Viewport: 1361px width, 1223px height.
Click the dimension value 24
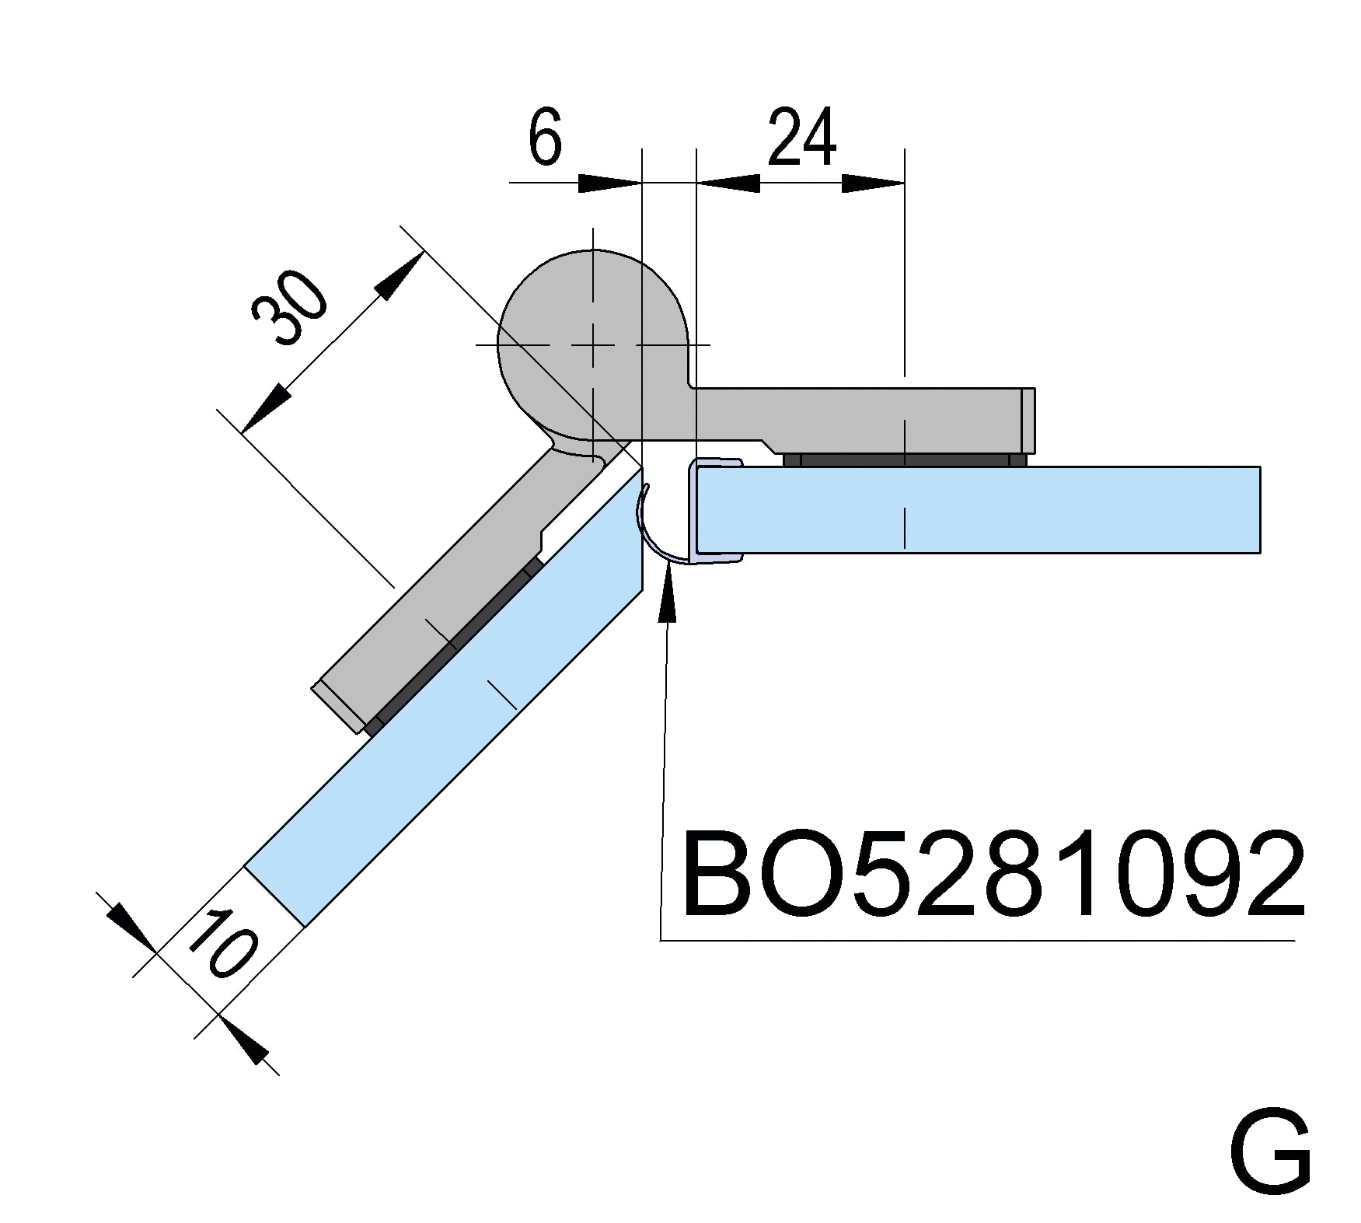point(801,138)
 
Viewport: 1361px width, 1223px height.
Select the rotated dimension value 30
point(290,309)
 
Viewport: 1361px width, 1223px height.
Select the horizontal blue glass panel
point(979,509)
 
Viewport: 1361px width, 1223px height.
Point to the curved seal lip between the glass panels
point(647,529)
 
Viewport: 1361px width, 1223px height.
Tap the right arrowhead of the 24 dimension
point(874,183)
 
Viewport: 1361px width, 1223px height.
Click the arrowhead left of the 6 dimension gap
point(610,183)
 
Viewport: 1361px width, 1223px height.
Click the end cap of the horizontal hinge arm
point(1028,420)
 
